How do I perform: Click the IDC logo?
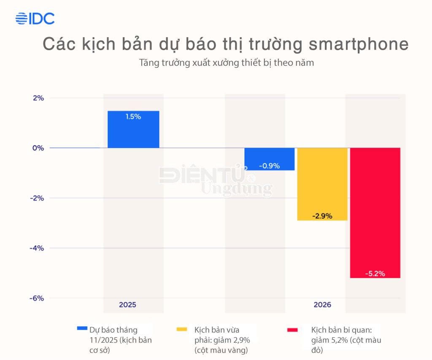pos(35,19)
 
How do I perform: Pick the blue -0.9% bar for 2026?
pos(269,159)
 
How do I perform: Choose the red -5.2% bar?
pos(375,212)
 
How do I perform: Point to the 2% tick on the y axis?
pos(38,98)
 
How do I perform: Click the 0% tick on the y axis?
pos(38,148)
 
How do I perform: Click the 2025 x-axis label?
pos(127,304)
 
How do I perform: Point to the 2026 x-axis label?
pos(322,304)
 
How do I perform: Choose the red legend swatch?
pos(292,329)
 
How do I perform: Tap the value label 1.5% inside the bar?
pos(133,117)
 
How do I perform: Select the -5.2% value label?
pos(375,273)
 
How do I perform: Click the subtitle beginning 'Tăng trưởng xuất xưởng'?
pos(227,63)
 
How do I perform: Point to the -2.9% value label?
pos(322,216)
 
